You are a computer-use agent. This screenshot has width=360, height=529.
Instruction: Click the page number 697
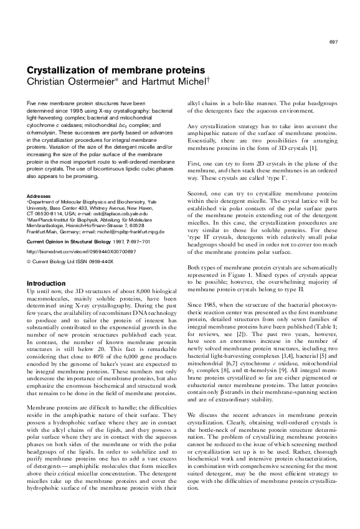333,42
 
